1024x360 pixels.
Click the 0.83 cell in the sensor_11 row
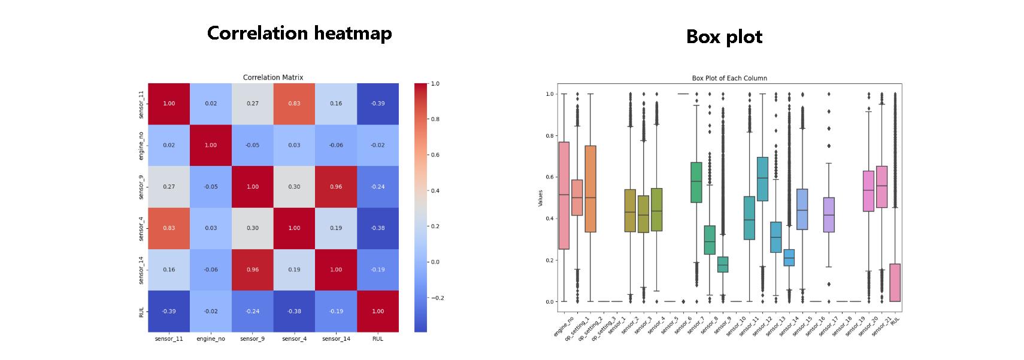(x=294, y=104)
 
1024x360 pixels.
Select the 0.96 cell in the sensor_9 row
(x=336, y=187)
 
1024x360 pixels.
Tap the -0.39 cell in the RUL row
(x=169, y=311)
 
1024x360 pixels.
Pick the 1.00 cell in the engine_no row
(x=211, y=145)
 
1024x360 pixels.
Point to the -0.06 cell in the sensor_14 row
(x=211, y=270)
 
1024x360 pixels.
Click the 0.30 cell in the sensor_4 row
(x=253, y=228)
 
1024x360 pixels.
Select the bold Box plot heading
(x=724, y=37)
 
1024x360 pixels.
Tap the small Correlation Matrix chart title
(x=273, y=77)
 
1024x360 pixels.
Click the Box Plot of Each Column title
(x=729, y=78)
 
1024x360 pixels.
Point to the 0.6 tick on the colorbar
(x=435, y=155)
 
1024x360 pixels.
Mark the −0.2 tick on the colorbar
(x=438, y=298)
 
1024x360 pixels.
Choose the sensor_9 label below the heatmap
(x=252, y=339)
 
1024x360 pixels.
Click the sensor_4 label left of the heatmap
(x=141, y=229)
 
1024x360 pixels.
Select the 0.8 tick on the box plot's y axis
(x=549, y=136)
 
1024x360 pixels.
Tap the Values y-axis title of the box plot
(x=540, y=198)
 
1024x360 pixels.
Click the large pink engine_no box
(x=563, y=195)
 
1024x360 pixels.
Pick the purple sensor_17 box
(x=829, y=214)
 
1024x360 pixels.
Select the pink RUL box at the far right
(x=895, y=283)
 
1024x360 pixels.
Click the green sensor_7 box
(x=696, y=182)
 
